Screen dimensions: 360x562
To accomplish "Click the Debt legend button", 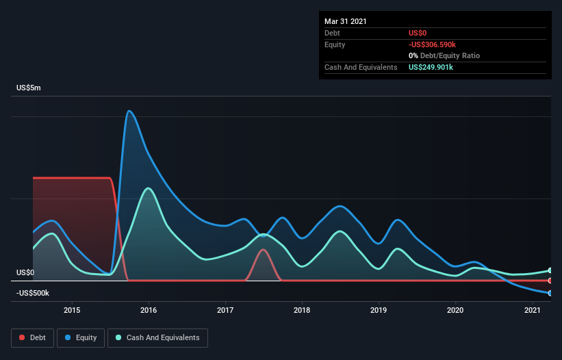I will point(31,337).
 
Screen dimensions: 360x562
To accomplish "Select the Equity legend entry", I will point(81,337).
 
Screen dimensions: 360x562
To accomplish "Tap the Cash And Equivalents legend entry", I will point(157,337).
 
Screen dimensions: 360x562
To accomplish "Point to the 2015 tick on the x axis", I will point(72,310).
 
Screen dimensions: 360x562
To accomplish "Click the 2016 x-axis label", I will point(149,310).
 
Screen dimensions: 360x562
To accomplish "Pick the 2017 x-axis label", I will point(225,310).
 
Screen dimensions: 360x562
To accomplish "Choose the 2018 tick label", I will point(302,310).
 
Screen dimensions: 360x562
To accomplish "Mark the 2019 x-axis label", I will point(379,310).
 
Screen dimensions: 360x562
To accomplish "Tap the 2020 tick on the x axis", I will point(455,310).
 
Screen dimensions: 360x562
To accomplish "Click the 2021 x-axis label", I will point(532,310).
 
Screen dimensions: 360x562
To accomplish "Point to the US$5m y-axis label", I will point(29,88).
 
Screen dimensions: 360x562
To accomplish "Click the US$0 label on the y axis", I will point(25,272).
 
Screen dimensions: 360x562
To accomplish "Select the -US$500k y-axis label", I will point(33,293).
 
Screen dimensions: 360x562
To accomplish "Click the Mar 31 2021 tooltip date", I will point(346,21).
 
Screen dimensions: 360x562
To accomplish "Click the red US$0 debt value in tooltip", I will point(418,33).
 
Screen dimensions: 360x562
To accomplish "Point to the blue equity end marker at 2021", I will point(550,293).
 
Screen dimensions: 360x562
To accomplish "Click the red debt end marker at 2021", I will point(550,281).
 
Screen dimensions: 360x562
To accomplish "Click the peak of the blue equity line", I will point(129,111).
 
